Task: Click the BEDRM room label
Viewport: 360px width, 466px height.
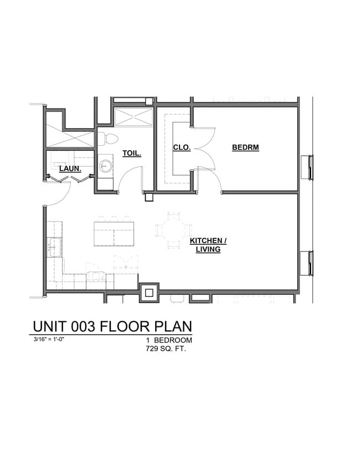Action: point(245,147)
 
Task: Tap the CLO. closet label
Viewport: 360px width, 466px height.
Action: point(182,147)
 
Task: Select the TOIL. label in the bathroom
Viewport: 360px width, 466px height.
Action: point(132,153)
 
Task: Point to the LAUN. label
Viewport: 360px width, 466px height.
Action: point(70,168)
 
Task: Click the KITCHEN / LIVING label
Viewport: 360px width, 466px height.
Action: point(208,245)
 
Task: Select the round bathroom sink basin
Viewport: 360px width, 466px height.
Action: point(105,166)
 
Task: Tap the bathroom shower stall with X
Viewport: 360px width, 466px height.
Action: point(133,117)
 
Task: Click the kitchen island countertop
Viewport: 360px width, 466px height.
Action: point(114,233)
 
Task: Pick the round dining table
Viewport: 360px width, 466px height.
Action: point(174,230)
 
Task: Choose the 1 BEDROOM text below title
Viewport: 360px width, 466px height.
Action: point(169,340)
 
